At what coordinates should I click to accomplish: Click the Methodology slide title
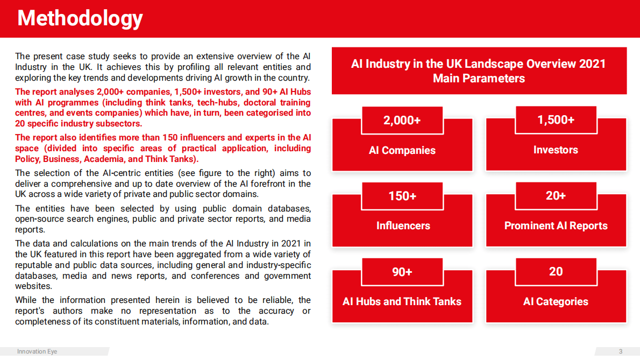pyautogui.click(x=80, y=18)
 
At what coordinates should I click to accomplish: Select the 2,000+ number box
pyautogui.click(x=402, y=120)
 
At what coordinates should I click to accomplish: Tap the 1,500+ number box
pyautogui.click(x=556, y=120)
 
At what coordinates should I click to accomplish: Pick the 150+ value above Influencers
pyautogui.click(x=402, y=196)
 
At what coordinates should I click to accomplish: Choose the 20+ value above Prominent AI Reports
pyautogui.click(x=556, y=196)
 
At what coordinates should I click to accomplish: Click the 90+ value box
pyautogui.click(x=402, y=272)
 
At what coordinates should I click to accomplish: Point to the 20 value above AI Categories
pyautogui.click(x=556, y=272)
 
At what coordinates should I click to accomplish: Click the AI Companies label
pyautogui.click(x=402, y=150)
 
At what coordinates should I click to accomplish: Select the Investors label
pyautogui.click(x=556, y=150)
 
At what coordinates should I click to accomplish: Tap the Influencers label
pyautogui.click(x=403, y=226)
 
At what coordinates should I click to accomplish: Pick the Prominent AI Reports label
pyautogui.click(x=556, y=226)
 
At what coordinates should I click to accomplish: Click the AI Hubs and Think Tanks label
pyautogui.click(x=402, y=302)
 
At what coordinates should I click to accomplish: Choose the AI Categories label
pyautogui.click(x=556, y=302)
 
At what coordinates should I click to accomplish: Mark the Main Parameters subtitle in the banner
pyautogui.click(x=479, y=79)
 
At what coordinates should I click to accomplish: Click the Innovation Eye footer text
pyautogui.click(x=37, y=352)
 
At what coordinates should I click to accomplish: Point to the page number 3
pyautogui.click(x=620, y=352)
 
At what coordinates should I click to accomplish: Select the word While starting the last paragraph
pyautogui.click(x=26, y=300)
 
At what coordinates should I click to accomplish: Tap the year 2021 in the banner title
pyautogui.click(x=592, y=64)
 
